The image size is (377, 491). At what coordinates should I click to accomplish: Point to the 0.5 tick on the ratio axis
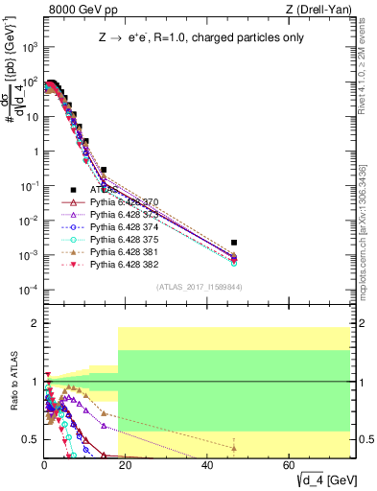32,439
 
